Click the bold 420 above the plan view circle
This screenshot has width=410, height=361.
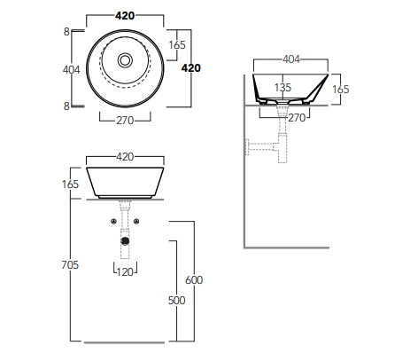click(125, 15)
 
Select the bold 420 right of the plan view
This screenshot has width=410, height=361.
click(191, 67)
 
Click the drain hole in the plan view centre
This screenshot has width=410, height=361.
click(125, 60)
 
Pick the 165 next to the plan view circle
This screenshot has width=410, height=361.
click(176, 44)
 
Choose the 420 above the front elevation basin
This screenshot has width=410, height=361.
click(125, 156)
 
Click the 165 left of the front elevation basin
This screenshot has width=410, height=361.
click(71, 184)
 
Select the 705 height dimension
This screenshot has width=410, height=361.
click(71, 263)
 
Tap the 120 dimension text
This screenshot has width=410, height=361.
click(125, 271)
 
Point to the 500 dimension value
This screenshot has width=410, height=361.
click(177, 301)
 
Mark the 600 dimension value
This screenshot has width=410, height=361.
click(194, 279)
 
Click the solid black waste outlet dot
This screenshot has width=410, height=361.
click(125, 239)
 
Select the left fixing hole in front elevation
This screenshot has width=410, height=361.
click(114, 220)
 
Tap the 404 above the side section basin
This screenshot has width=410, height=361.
click(291, 59)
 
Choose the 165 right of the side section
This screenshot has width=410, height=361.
click(341, 89)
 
